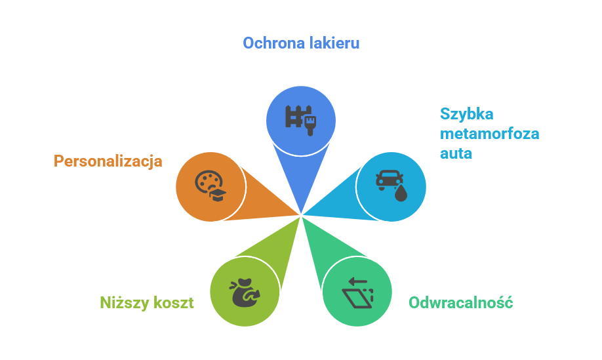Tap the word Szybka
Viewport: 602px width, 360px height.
(466, 114)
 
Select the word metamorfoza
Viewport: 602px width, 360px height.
(489, 134)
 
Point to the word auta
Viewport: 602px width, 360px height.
(456, 153)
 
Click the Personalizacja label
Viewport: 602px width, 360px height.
(108, 161)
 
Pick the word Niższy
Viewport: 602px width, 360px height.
(125, 303)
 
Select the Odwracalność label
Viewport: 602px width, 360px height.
(461, 303)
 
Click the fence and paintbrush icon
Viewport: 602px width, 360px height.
(300, 121)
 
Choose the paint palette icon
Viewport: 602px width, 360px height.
(211, 186)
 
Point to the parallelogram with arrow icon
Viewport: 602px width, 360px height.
(357, 293)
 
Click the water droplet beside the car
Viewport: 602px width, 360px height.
(401, 193)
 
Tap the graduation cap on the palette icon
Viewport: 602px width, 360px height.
(218, 195)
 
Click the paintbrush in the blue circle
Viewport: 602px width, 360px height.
(310, 125)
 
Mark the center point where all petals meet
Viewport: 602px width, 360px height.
(302, 215)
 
